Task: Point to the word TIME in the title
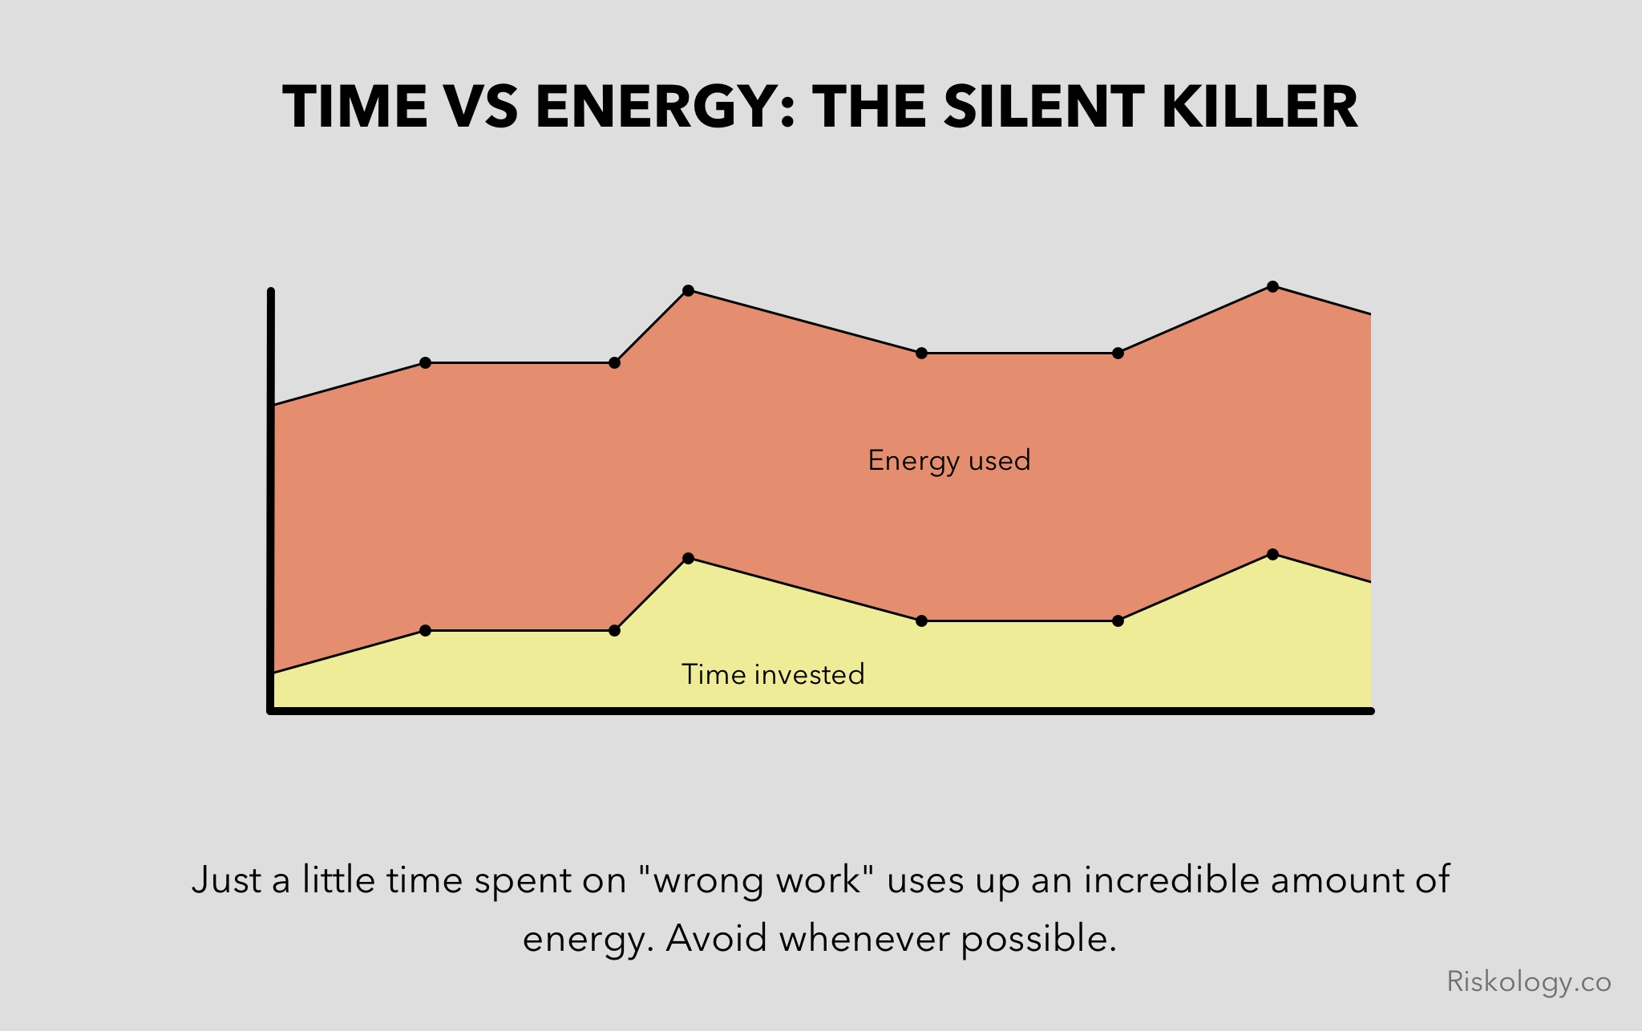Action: pos(355,107)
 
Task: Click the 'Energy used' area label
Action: pos(949,461)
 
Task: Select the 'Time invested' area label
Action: pos(773,674)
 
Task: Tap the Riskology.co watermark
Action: pos(1529,982)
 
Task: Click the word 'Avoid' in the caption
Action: pos(716,938)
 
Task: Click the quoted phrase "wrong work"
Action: pos(757,880)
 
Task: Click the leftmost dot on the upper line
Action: pos(426,363)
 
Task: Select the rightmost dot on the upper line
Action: pos(1272,286)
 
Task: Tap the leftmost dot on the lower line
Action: pos(426,631)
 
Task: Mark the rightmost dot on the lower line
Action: pos(1272,554)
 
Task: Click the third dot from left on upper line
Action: pos(688,290)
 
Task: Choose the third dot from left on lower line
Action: pos(688,558)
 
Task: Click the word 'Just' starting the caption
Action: pos(227,880)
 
